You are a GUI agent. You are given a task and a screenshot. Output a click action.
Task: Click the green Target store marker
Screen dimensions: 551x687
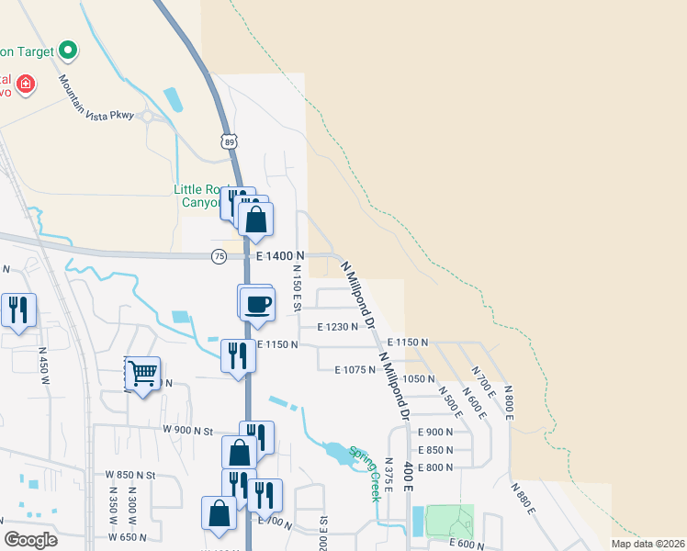click(x=67, y=50)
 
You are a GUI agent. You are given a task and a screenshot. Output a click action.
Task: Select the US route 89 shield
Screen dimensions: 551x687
click(x=229, y=141)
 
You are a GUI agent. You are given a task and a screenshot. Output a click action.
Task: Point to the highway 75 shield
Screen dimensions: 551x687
click(x=219, y=255)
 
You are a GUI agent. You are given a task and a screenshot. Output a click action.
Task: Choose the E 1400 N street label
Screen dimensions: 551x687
click(x=281, y=256)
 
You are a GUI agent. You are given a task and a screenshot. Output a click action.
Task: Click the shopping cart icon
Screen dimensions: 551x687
click(x=143, y=373)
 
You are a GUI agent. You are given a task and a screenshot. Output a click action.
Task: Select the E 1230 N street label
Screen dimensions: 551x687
click(x=337, y=326)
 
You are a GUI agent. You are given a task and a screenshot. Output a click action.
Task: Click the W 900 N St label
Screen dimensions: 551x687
click(x=187, y=431)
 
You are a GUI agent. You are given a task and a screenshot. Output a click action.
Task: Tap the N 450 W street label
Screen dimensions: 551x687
click(x=42, y=361)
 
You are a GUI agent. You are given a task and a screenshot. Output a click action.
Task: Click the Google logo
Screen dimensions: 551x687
click(x=29, y=540)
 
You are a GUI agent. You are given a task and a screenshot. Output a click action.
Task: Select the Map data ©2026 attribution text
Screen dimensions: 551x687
click(x=648, y=544)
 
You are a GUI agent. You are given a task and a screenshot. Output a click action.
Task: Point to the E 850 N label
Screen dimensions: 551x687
click(x=435, y=450)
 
